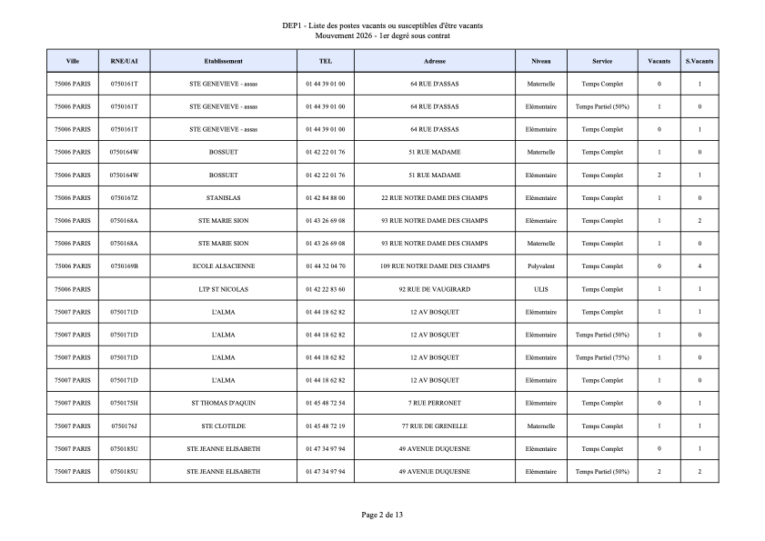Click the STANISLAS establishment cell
(223, 198)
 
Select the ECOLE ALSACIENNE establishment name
(223, 266)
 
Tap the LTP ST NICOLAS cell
(223, 289)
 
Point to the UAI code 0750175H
(124, 403)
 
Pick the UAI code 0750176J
(124, 426)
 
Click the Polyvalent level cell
(541, 266)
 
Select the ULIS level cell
(541, 289)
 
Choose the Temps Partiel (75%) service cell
(602, 357)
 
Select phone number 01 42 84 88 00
(326, 198)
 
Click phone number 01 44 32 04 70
(326, 266)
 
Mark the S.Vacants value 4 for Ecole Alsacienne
(700, 266)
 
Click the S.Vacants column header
(700, 61)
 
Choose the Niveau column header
(541, 61)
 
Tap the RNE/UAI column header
(124, 61)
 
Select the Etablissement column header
(223, 61)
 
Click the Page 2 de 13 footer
(382, 516)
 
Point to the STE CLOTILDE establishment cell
(223, 426)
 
